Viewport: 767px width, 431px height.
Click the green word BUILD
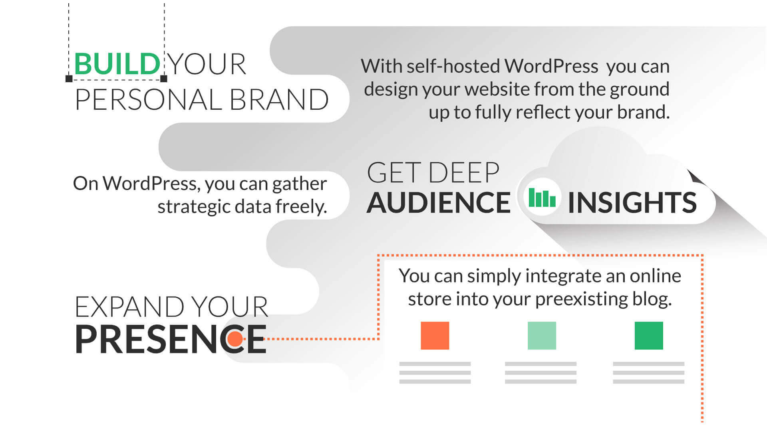[117, 64]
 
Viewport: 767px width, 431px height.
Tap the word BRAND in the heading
[279, 100]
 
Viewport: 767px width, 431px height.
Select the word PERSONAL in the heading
[148, 100]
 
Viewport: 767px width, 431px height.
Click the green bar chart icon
[542, 197]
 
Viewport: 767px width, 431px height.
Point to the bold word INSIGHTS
[632, 203]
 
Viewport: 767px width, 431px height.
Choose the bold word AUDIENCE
[439, 203]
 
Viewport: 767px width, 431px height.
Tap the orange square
[435, 336]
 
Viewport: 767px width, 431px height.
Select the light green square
[542, 336]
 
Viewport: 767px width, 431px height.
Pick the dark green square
[649, 336]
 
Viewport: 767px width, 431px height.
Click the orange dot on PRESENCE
[235, 339]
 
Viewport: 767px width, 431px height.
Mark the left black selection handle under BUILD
[69, 79]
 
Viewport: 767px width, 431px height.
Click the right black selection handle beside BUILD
[164, 79]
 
